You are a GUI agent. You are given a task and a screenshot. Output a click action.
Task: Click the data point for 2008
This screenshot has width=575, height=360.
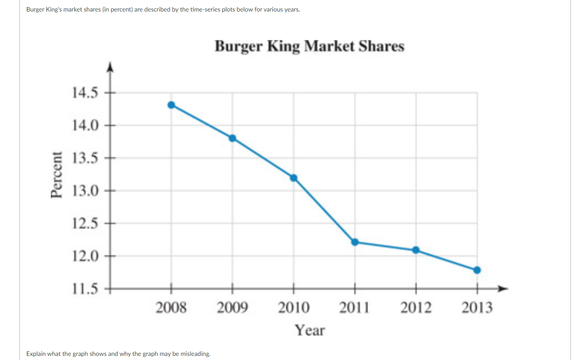pyautogui.click(x=171, y=105)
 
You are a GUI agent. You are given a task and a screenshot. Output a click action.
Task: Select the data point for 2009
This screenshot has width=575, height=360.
pyautogui.click(x=233, y=138)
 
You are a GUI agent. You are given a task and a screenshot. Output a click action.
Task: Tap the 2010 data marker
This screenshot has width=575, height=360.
pyautogui.click(x=293, y=178)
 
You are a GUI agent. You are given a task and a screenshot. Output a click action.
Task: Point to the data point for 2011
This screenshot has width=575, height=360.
pyautogui.click(x=355, y=242)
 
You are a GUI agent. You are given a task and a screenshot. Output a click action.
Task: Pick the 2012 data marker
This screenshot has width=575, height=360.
pyautogui.click(x=416, y=250)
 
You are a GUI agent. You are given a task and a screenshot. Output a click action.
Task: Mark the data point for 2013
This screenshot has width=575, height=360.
pyautogui.click(x=477, y=270)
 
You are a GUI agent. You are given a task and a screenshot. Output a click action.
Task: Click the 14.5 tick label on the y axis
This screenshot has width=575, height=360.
pyautogui.click(x=85, y=93)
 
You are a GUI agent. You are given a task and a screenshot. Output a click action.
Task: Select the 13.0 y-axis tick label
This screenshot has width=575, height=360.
pyautogui.click(x=85, y=191)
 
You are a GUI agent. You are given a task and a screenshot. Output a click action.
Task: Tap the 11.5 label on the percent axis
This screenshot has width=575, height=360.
pyautogui.click(x=85, y=289)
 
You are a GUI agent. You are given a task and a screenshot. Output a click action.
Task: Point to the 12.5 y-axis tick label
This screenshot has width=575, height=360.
pyautogui.click(x=85, y=223)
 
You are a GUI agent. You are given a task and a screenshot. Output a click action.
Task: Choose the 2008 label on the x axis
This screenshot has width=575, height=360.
pyautogui.click(x=171, y=308)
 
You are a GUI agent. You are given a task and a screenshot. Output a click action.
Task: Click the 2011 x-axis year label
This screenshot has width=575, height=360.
pyautogui.click(x=354, y=308)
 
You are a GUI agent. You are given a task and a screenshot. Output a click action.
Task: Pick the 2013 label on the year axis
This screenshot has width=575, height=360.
pyautogui.click(x=477, y=308)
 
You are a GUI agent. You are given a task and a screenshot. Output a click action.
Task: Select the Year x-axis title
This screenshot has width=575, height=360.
pyautogui.click(x=310, y=330)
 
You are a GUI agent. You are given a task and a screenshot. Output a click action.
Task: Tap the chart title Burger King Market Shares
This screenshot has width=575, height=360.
pyautogui.click(x=310, y=46)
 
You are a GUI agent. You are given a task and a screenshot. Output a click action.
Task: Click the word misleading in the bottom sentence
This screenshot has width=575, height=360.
pyautogui.click(x=195, y=354)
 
